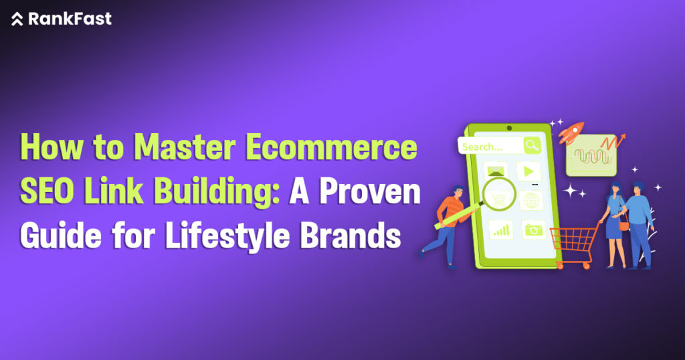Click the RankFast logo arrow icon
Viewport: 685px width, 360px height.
[x=17, y=19]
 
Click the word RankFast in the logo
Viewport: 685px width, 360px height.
[x=70, y=19]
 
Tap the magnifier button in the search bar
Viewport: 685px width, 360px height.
[x=532, y=145]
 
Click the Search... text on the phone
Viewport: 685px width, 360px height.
[x=482, y=147]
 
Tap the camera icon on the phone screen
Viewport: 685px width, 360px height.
[x=533, y=230]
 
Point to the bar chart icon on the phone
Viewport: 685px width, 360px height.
[x=499, y=230]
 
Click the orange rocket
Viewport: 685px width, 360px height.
[x=571, y=132]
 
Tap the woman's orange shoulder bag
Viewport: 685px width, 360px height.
[x=624, y=226]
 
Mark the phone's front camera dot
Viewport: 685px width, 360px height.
[x=509, y=127]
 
